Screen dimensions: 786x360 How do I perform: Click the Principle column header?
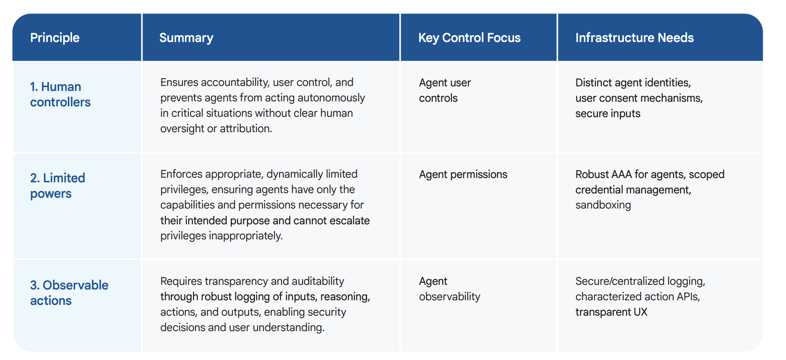point(55,38)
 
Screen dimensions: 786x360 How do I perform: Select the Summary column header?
point(186,38)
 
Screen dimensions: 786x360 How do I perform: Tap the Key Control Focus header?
point(469,38)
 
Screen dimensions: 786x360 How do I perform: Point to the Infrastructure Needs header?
point(634,38)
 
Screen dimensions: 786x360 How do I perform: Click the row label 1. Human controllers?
point(60,94)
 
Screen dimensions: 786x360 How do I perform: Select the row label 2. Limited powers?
point(57,186)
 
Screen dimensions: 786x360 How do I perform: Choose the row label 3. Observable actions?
point(69,293)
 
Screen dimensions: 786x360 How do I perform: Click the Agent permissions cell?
point(463,175)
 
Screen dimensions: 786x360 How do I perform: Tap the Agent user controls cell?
point(445,90)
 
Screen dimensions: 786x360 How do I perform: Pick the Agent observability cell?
point(450,289)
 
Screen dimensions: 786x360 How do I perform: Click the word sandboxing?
point(603,205)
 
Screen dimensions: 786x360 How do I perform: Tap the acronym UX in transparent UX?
point(640,312)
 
